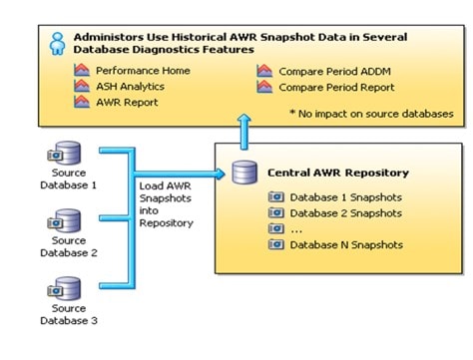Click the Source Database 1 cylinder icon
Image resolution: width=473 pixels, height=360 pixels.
coord(67,155)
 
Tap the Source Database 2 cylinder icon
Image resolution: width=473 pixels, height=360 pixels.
coord(67,220)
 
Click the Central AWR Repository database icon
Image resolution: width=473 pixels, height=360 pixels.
coord(242,173)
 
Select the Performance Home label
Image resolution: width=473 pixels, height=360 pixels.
coord(143,72)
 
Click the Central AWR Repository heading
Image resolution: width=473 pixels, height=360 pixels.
coord(338,174)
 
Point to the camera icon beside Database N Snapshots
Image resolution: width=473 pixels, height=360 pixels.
coord(275,245)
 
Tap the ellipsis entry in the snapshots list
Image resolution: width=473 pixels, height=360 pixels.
coord(296,229)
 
